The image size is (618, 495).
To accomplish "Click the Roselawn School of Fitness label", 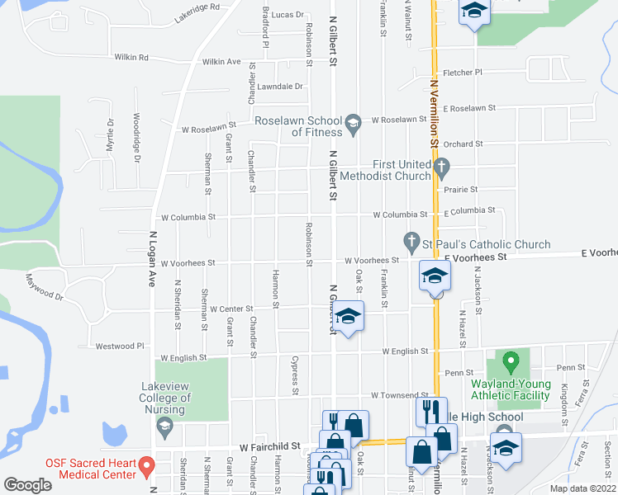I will (297, 126).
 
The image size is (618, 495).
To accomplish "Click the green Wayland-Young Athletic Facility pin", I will (511, 361).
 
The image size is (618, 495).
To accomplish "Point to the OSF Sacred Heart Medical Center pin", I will (146, 466).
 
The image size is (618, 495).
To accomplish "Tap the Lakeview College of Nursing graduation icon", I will (164, 425).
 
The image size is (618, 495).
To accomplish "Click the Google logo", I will (27, 485).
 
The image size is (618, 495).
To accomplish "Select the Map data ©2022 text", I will (582, 488).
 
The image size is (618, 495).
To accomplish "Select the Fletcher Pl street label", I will (463, 73).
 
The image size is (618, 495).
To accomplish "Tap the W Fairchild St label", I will (269, 445).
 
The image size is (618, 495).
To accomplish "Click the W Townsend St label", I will (400, 396).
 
